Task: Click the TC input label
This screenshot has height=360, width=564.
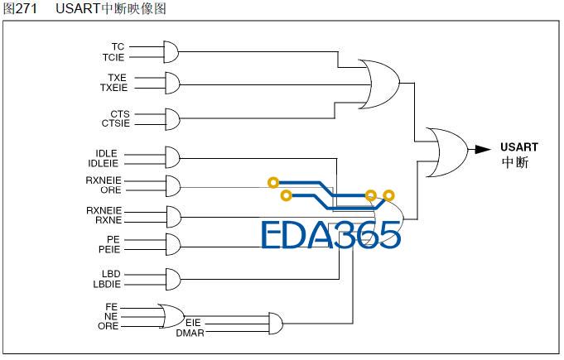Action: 118,46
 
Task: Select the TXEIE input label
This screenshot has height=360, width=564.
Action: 113,88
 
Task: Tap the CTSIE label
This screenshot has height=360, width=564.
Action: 115,123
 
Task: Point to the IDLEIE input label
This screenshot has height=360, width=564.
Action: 103,164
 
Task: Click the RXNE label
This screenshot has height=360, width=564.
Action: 108,220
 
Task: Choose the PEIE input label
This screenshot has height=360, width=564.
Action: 109,249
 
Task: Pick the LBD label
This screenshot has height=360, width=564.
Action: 111,274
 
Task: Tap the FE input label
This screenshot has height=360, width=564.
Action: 112,307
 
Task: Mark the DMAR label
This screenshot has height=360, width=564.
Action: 190,334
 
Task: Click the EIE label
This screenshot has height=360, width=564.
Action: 193,323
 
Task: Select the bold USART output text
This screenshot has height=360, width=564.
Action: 519,147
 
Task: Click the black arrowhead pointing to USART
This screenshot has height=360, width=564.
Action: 483,149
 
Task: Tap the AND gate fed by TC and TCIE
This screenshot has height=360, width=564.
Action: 171,52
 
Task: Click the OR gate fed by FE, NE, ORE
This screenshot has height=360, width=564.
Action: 171,316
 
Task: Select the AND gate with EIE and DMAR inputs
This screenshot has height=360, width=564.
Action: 276,324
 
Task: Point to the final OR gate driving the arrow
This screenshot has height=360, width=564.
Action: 447,152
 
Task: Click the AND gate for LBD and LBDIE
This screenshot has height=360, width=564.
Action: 173,279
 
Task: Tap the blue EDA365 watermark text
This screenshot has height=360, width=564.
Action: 330,235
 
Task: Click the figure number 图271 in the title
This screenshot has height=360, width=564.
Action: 20,8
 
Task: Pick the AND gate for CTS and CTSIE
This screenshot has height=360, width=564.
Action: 172,119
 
